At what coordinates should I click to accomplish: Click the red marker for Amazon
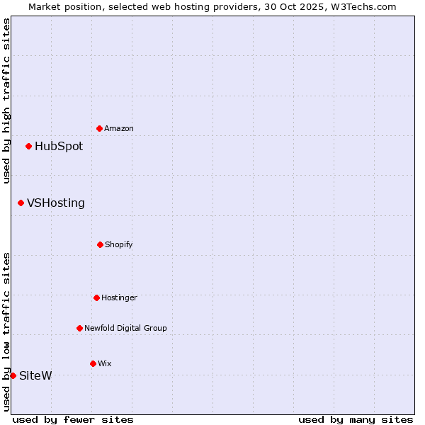pos(99,128)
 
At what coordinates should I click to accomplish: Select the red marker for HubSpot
pos(28,146)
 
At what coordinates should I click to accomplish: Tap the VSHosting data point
pos(21,203)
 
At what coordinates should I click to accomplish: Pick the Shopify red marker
pos(100,244)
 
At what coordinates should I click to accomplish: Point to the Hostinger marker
pos(96,297)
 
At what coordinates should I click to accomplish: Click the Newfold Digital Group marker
pos(79,328)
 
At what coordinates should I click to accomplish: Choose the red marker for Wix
pos(93,363)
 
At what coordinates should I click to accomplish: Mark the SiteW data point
pos(13,375)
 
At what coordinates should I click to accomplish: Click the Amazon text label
pos(119,128)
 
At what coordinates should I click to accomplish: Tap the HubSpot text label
pos(59,147)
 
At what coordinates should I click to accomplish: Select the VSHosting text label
pos(56,203)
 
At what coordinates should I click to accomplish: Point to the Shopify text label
pos(119,244)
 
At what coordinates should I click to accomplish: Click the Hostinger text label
pos(119,297)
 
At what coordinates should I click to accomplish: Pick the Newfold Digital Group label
pos(125,328)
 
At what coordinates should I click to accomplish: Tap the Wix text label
pos(105,363)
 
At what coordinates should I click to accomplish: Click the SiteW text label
pos(35,375)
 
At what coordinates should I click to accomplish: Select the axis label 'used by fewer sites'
pos(73,419)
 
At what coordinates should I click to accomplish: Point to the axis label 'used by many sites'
pos(356,419)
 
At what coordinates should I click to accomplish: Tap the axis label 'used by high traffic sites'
pos(6,101)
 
